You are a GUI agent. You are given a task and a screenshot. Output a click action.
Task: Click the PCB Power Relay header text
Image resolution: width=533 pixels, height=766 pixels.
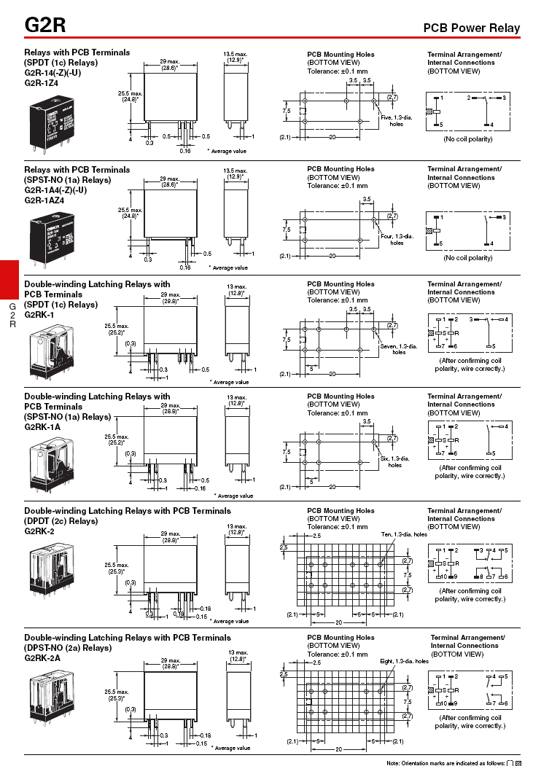pos(472,28)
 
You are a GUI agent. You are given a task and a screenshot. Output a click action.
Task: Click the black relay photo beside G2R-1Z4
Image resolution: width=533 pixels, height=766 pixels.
pos(52,124)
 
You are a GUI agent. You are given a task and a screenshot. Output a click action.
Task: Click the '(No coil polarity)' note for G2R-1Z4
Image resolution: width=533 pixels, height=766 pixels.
pos(467,138)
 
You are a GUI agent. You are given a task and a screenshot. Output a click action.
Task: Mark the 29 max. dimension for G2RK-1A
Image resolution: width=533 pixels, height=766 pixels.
pos(170,405)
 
